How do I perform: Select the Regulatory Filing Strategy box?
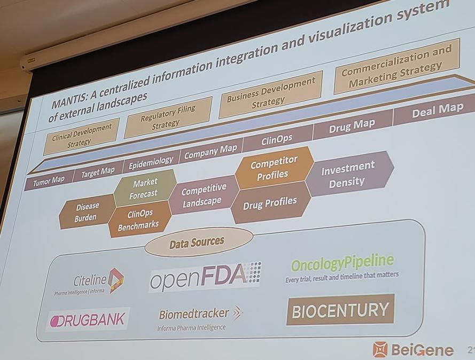point(168,117)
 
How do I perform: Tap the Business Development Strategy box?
point(270,94)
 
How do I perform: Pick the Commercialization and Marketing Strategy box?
point(396,67)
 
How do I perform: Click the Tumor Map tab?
point(49,181)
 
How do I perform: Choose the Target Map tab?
point(98,171)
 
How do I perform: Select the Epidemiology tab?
point(151,162)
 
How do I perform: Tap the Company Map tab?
point(211,151)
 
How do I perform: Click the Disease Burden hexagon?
point(87,212)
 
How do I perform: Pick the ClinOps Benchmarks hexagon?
point(139,219)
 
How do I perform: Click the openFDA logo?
point(205,277)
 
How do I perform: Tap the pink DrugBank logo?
point(88,320)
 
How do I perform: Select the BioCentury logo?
point(340,309)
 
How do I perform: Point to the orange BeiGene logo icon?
point(380,349)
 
